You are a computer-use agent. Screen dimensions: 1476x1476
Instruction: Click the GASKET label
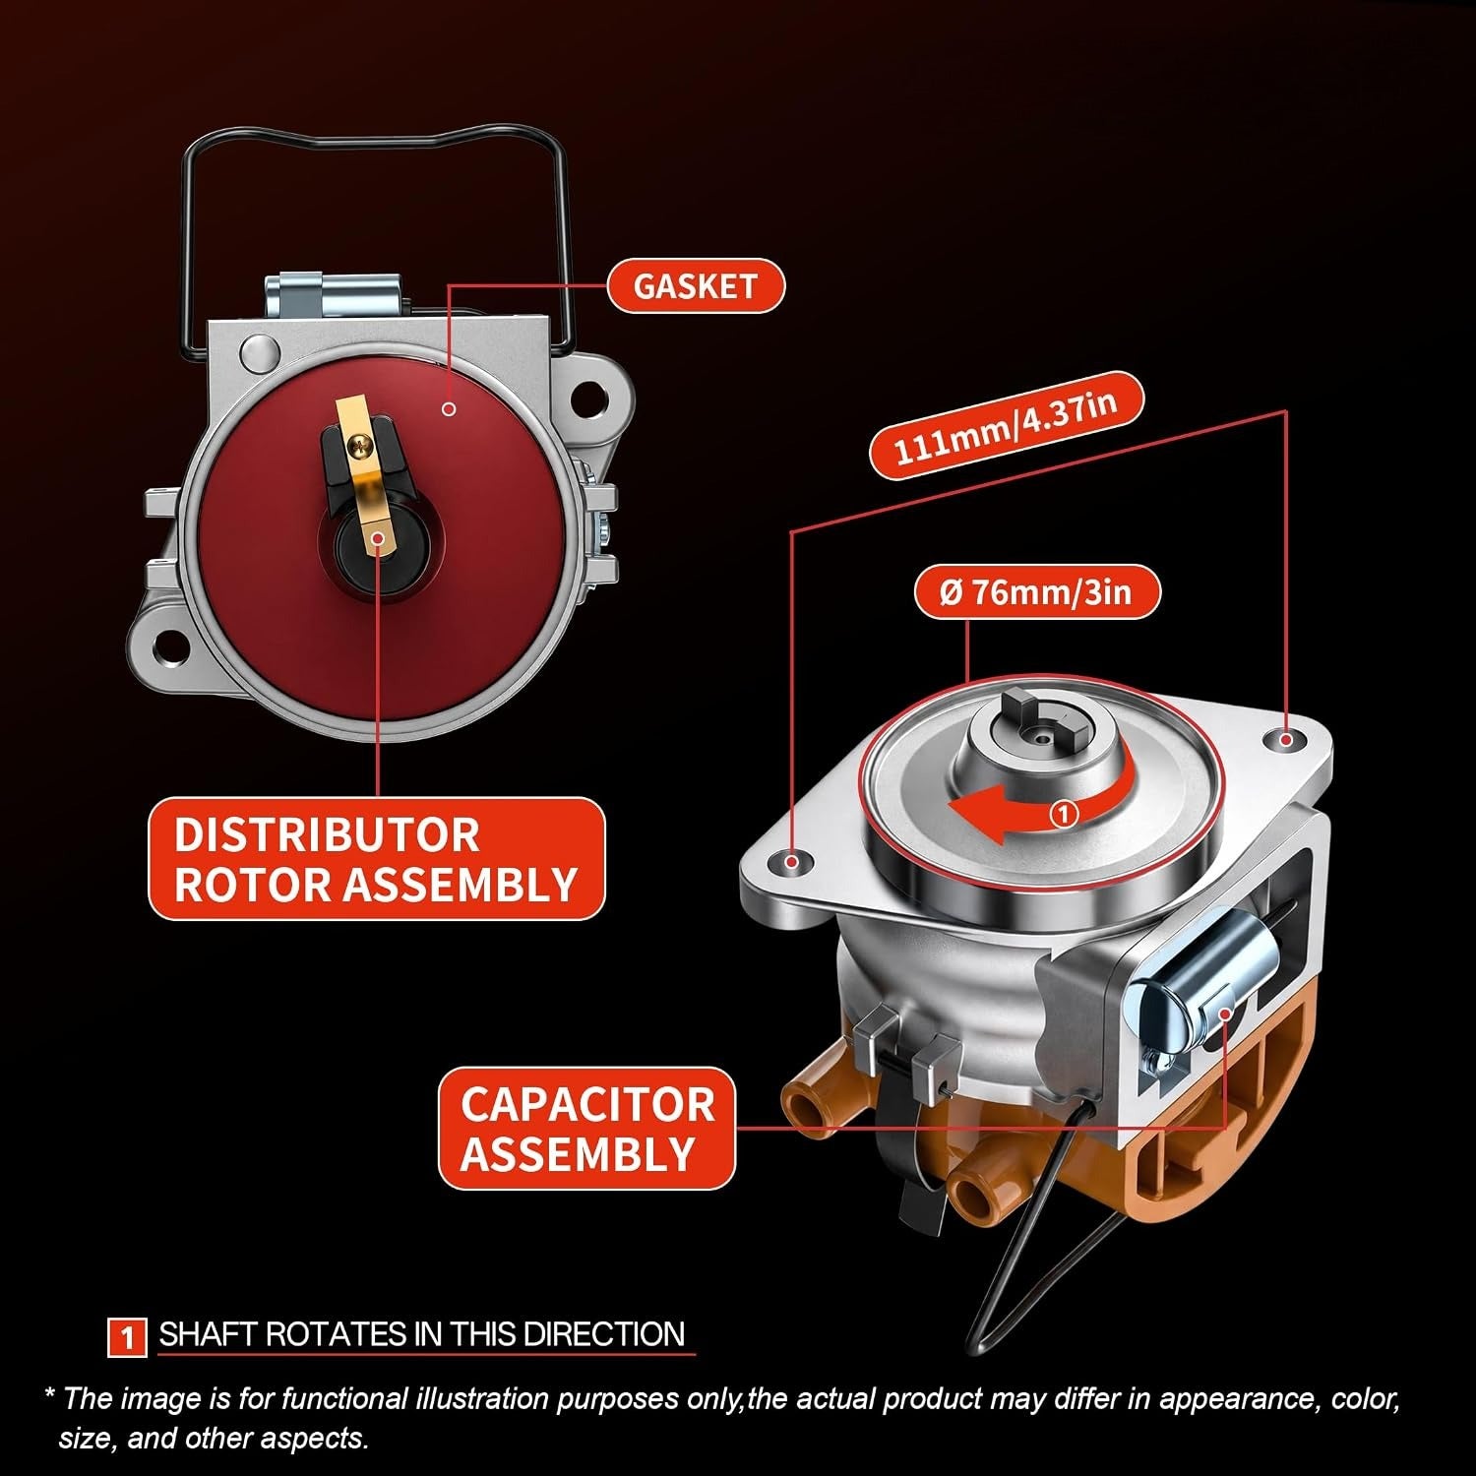pyautogui.click(x=695, y=286)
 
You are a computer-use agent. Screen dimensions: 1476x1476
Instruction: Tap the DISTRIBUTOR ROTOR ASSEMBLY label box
pyautogui.click(x=376, y=859)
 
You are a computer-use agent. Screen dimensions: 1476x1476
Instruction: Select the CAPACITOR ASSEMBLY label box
pyautogui.click(x=586, y=1128)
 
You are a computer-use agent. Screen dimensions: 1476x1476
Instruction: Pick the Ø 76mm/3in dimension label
pyautogui.click(x=1037, y=592)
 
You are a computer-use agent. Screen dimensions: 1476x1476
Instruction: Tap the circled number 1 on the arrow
pyautogui.click(x=1065, y=814)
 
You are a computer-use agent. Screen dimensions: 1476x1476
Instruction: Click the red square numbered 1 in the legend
pyautogui.click(x=127, y=1337)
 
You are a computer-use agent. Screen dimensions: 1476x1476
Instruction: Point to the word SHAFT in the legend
pyautogui.click(x=208, y=1334)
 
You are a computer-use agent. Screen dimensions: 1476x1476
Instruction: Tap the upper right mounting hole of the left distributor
pyautogui.click(x=586, y=397)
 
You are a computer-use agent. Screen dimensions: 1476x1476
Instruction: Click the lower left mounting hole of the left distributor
pyautogui.click(x=174, y=646)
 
